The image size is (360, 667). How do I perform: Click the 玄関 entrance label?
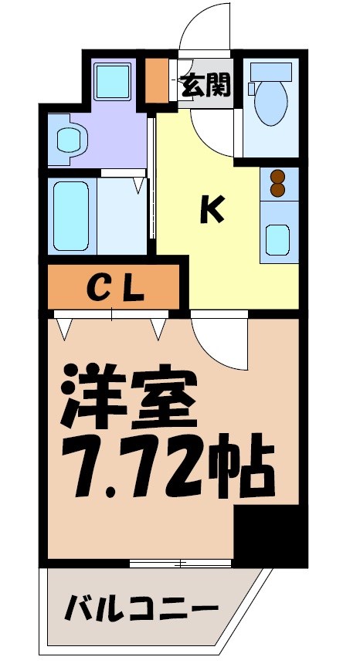tap(206, 85)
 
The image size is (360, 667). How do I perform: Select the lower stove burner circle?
tap(277, 191)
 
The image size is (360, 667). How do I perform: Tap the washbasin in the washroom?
tap(68, 140)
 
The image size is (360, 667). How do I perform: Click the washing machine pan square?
tap(114, 80)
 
